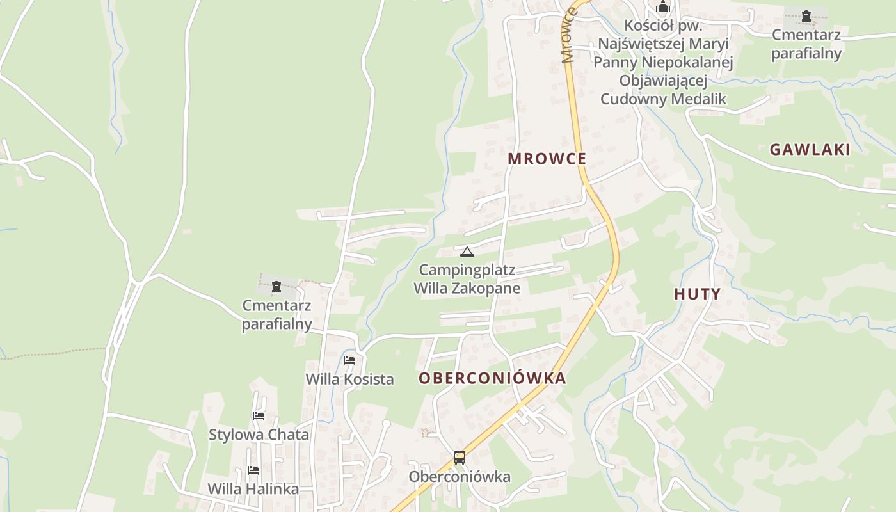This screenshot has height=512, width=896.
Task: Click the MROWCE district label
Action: click(547, 159)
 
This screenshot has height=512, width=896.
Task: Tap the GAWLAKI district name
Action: click(810, 150)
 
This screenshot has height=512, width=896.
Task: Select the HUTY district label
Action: click(697, 294)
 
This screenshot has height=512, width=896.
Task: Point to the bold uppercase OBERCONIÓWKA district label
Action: click(492, 378)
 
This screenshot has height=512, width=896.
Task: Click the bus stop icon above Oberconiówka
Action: click(459, 457)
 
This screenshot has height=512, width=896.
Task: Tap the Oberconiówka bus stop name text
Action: click(459, 477)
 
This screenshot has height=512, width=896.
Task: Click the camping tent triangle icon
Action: click(467, 252)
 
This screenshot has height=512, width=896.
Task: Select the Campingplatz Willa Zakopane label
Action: click(467, 279)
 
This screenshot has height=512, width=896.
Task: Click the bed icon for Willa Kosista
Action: click(349, 360)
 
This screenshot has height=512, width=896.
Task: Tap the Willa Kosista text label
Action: click(349, 379)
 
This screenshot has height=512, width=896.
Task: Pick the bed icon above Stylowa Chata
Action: click(259, 416)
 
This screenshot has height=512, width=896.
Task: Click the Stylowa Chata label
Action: click(259, 435)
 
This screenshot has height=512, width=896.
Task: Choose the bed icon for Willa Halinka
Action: click(253, 470)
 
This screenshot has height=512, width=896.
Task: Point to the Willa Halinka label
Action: click(253, 489)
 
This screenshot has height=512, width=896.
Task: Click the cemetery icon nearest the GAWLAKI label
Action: click(806, 15)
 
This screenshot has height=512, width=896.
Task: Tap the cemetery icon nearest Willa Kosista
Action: click(276, 287)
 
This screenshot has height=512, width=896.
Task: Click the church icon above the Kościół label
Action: click(663, 8)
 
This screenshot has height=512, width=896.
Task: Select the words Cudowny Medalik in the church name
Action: click(663, 99)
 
